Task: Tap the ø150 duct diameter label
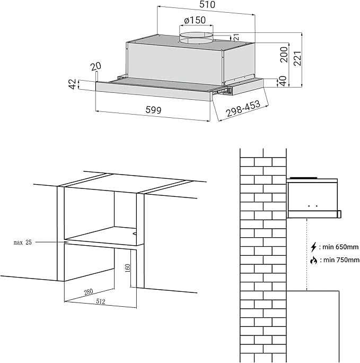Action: [x=195, y=20]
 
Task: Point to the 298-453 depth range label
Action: [x=243, y=109]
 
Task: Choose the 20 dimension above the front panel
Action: [x=96, y=67]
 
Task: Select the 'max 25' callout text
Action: [x=23, y=242]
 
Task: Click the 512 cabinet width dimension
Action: [x=100, y=302]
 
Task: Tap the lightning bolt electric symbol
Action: [x=313, y=247]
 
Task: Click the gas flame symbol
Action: [x=313, y=260]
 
